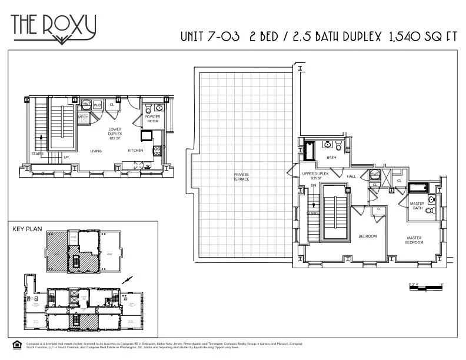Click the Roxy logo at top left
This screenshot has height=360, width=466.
coord(54,26)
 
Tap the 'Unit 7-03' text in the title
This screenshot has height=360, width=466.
coord(210,36)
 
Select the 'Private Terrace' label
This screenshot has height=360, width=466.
coord(241,176)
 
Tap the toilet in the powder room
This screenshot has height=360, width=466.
coord(148,109)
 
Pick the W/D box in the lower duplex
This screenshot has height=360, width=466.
coord(97,105)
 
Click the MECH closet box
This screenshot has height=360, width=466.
coord(84,118)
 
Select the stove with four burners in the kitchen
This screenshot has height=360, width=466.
coord(157,151)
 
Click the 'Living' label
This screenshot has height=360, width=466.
coord(96,151)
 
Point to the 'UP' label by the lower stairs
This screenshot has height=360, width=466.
coord(66,157)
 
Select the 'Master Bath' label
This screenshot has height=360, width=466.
coord(417,205)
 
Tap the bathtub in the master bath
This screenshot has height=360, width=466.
coord(418,189)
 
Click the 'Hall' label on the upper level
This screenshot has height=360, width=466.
coord(352,176)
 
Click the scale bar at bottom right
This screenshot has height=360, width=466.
coord(424,286)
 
